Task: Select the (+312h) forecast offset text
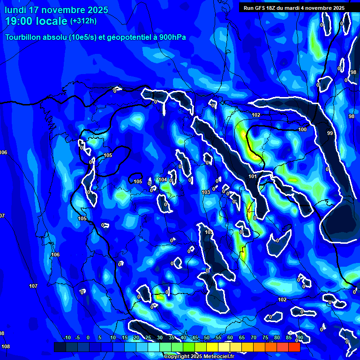pyautogui.click(x=83, y=21)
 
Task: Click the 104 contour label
pyautogui.click(x=163, y=180)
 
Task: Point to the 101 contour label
pyautogui.click(x=253, y=176)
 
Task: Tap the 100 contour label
pyautogui.click(x=302, y=129)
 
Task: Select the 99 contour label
pyautogui.click(x=330, y=134)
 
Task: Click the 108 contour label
pyautogui.click(x=5, y=347)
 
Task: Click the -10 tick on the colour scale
pyautogui.click(x=67, y=338)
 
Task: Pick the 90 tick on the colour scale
pyautogui.click(x=300, y=338)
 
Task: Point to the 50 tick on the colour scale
pyautogui.click(x=207, y=338)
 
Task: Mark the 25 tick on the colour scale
pyautogui.click(x=148, y=338)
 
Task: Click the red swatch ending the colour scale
pyautogui.click(x=294, y=347)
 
